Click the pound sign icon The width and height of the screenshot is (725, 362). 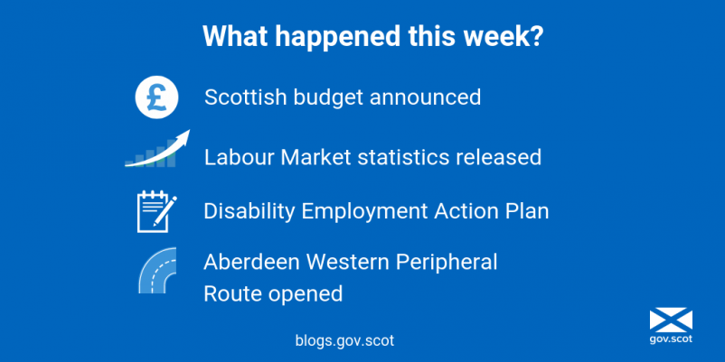click(156, 97)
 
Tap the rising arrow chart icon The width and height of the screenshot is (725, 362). click(157, 149)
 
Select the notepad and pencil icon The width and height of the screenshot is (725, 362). click(156, 211)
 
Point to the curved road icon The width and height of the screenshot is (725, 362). click(157, 270)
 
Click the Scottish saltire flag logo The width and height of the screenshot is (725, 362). click(671, 320)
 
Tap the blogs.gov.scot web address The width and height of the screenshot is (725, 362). click(344, 340)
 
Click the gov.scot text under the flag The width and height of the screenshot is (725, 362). click(671, 339)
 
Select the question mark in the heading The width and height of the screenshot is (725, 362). click(535, 36)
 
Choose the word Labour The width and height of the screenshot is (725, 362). click(240, 157)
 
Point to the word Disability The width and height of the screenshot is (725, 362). click(250, 211)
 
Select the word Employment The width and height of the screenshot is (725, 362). click(365, 212)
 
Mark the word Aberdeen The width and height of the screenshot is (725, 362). click(252, 263)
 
